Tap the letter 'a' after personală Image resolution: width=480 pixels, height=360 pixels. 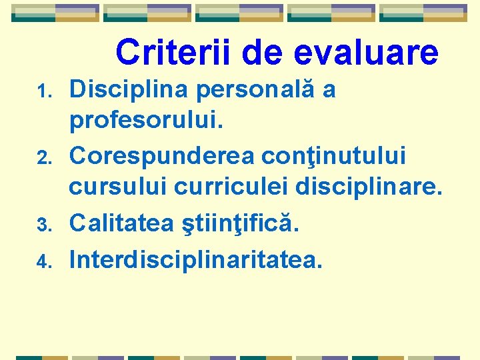[x=329, y=91]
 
